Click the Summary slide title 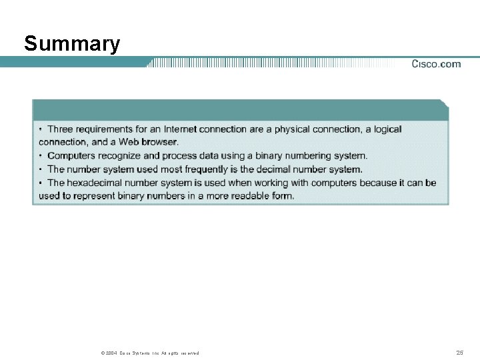[x=72, y=44]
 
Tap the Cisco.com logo [x=436, y=64]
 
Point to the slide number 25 [x=459, y=352]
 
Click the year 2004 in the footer [x=112, y=353]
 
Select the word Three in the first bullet [x=60, y=129]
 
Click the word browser [x=159, y=142]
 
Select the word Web [x=128, y=142]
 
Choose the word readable [x=247, y=196]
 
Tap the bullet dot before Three [x=41, y=129]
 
